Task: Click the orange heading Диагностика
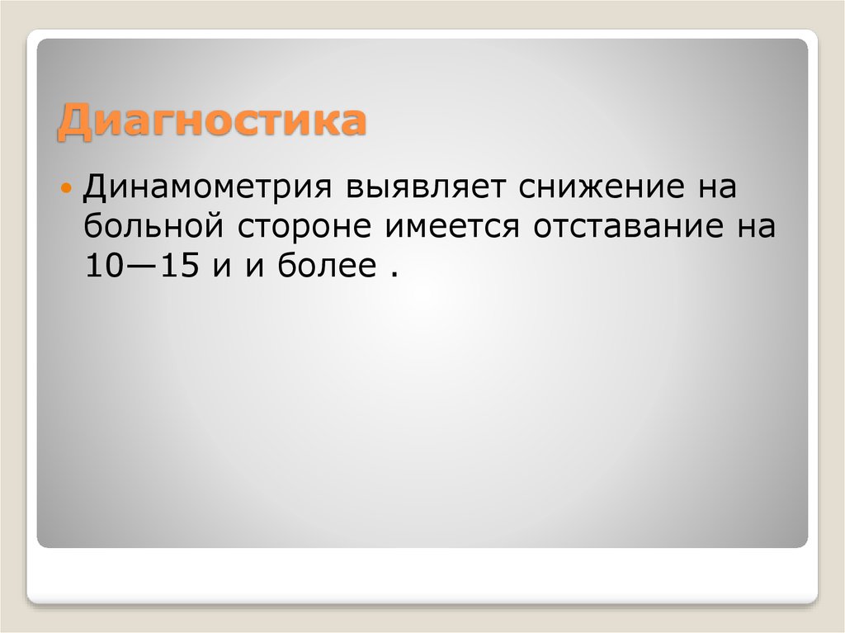(211, 122)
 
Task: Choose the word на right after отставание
(753, 224)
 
